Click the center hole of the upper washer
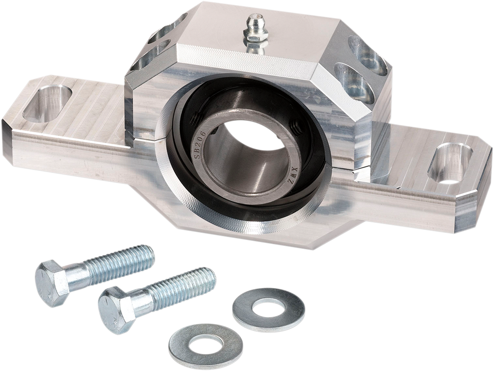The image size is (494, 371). [x=269, y=310]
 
